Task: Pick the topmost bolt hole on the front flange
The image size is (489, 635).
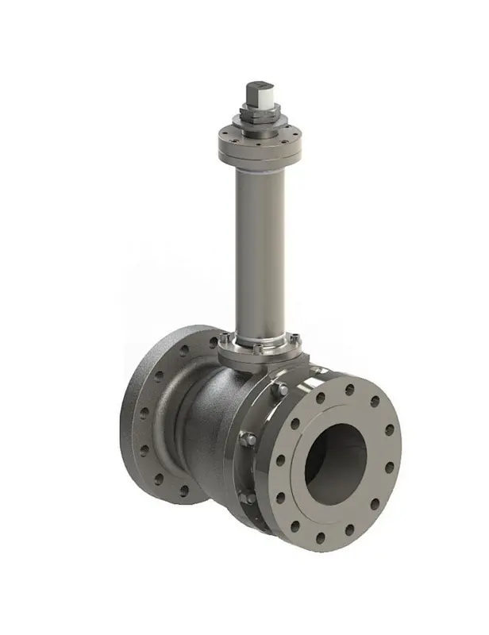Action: [x=349, y=390]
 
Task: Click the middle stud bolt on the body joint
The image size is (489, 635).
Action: [x=247, y=438]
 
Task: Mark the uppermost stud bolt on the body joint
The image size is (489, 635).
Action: [x=279, y=389]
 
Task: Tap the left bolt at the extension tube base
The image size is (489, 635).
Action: [x=224, y=339]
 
